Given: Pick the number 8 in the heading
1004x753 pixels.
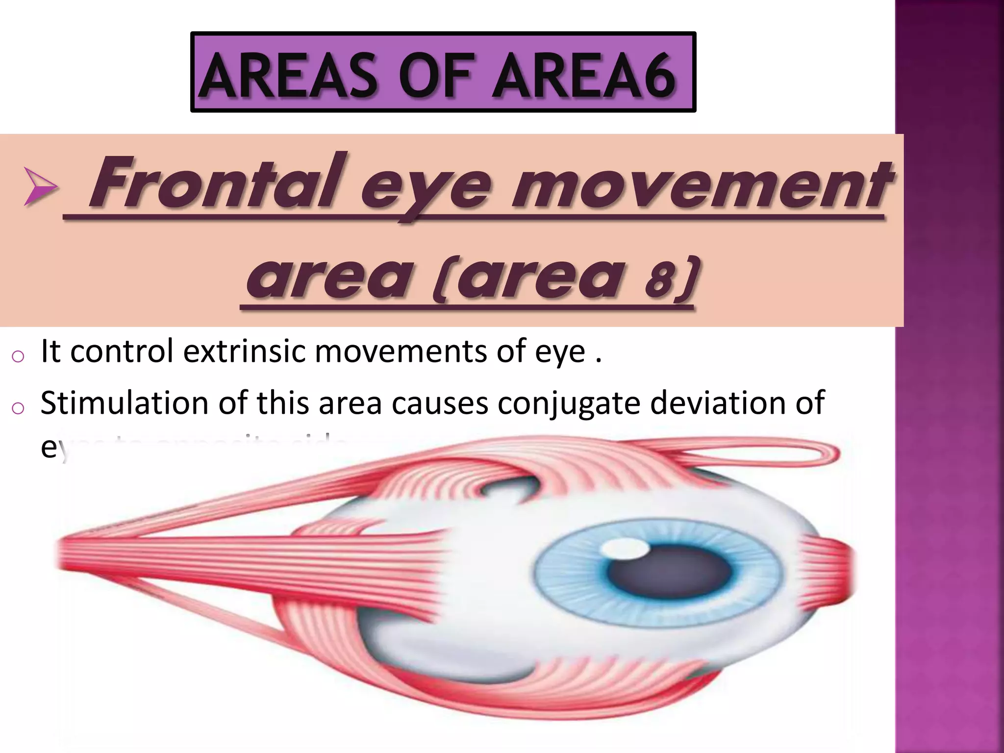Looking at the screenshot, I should coord(659,280).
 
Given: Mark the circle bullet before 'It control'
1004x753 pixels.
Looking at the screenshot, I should coord(17,356).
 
